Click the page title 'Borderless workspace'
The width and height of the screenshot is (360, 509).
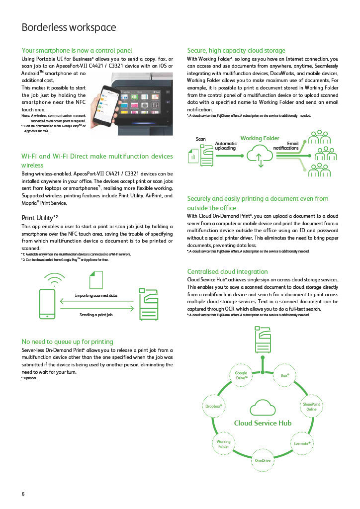(x=69, y=27)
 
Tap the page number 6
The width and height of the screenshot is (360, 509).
(x=23, y=494)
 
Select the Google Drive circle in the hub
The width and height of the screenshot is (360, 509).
(x=241, y=376)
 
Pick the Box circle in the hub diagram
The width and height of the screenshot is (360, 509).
(x=285, y=374)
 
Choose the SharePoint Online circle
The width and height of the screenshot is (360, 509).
(x=311, y=406)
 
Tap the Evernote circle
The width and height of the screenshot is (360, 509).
(x=301, y=442)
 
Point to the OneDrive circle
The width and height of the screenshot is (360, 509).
(x=263, y=460)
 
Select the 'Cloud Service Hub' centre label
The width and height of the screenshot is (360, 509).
(x=263, y=423)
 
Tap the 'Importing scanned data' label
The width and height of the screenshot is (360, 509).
(x=96, y=295)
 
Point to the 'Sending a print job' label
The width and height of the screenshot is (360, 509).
(x=96, y=315)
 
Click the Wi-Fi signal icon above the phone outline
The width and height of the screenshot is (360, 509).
(x=54, y=279)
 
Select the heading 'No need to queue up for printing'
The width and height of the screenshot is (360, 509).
(x=67, y=341)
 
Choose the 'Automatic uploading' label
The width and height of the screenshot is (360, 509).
(x=225, y=146)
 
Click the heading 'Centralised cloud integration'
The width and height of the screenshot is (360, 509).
(x=227, y=271)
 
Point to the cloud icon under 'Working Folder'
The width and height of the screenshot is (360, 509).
(x=260, y=155)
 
